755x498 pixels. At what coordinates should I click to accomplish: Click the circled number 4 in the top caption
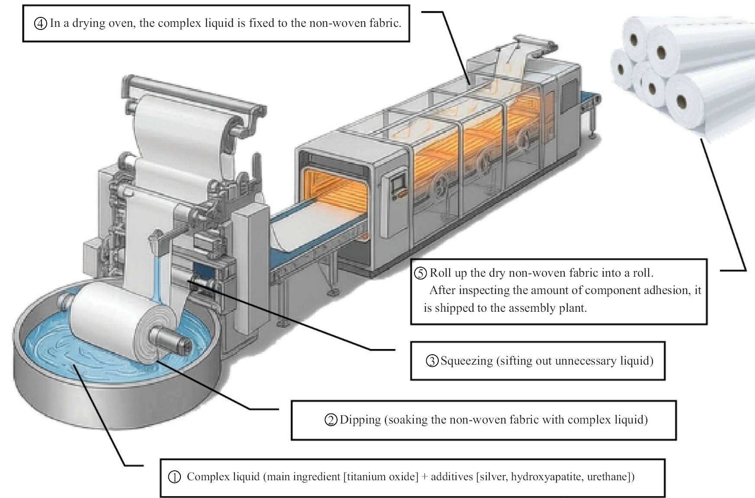coord(40,23)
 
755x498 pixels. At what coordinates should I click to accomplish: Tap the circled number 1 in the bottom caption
coord(174,477)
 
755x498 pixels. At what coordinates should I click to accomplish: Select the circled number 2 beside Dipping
coord(331,420)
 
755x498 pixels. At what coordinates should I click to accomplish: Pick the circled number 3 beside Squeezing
coord(432,361)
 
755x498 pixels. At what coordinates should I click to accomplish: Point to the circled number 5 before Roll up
coord(421,273)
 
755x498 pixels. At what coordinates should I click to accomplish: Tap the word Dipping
coord(360,420)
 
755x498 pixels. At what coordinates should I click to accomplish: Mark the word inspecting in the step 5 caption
coord(479,291)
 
